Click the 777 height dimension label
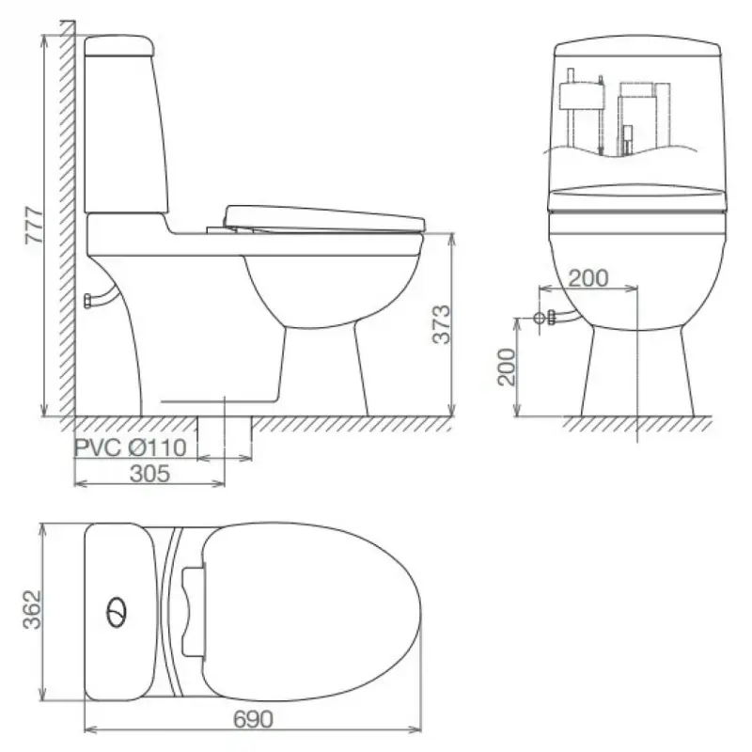(x=35, y=226)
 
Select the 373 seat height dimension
(x=442, y=324)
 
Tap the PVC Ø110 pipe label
(x=131, y=447)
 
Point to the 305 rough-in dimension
(x=149, y=474)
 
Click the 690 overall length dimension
(x=253, y=718)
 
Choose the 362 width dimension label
(x=33, y=609)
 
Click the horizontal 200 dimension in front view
(x=588, y=277)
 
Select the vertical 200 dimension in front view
(x=507, y=367)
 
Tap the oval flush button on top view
(x=117, y=613)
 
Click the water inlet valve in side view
(x=88, y=301)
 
